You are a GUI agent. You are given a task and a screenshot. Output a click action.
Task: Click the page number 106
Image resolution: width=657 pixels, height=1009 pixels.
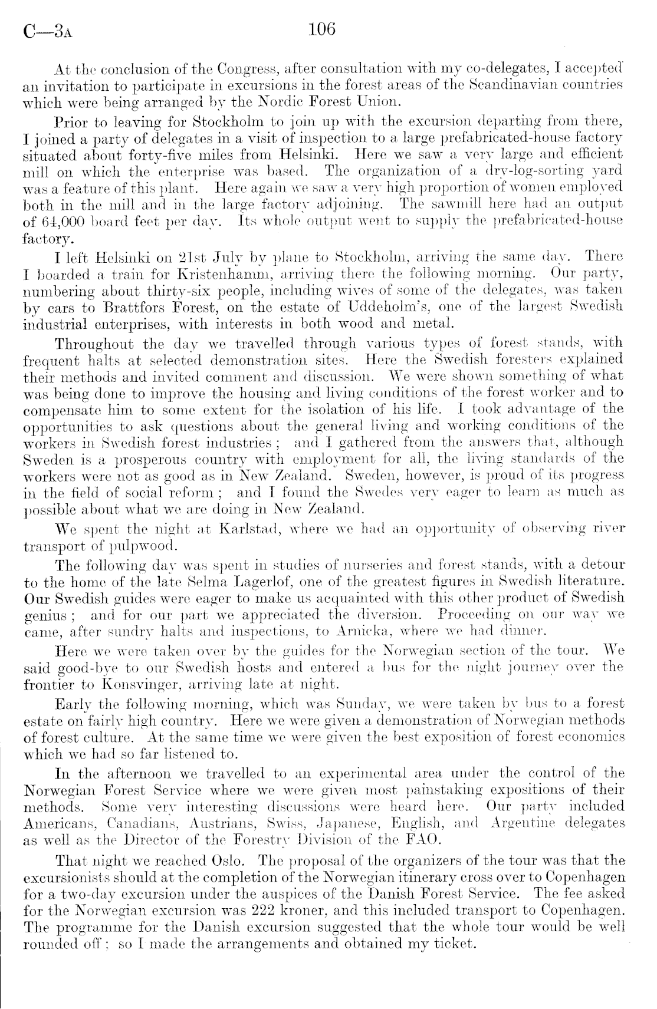pyautogui.click(x=321, y=29)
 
